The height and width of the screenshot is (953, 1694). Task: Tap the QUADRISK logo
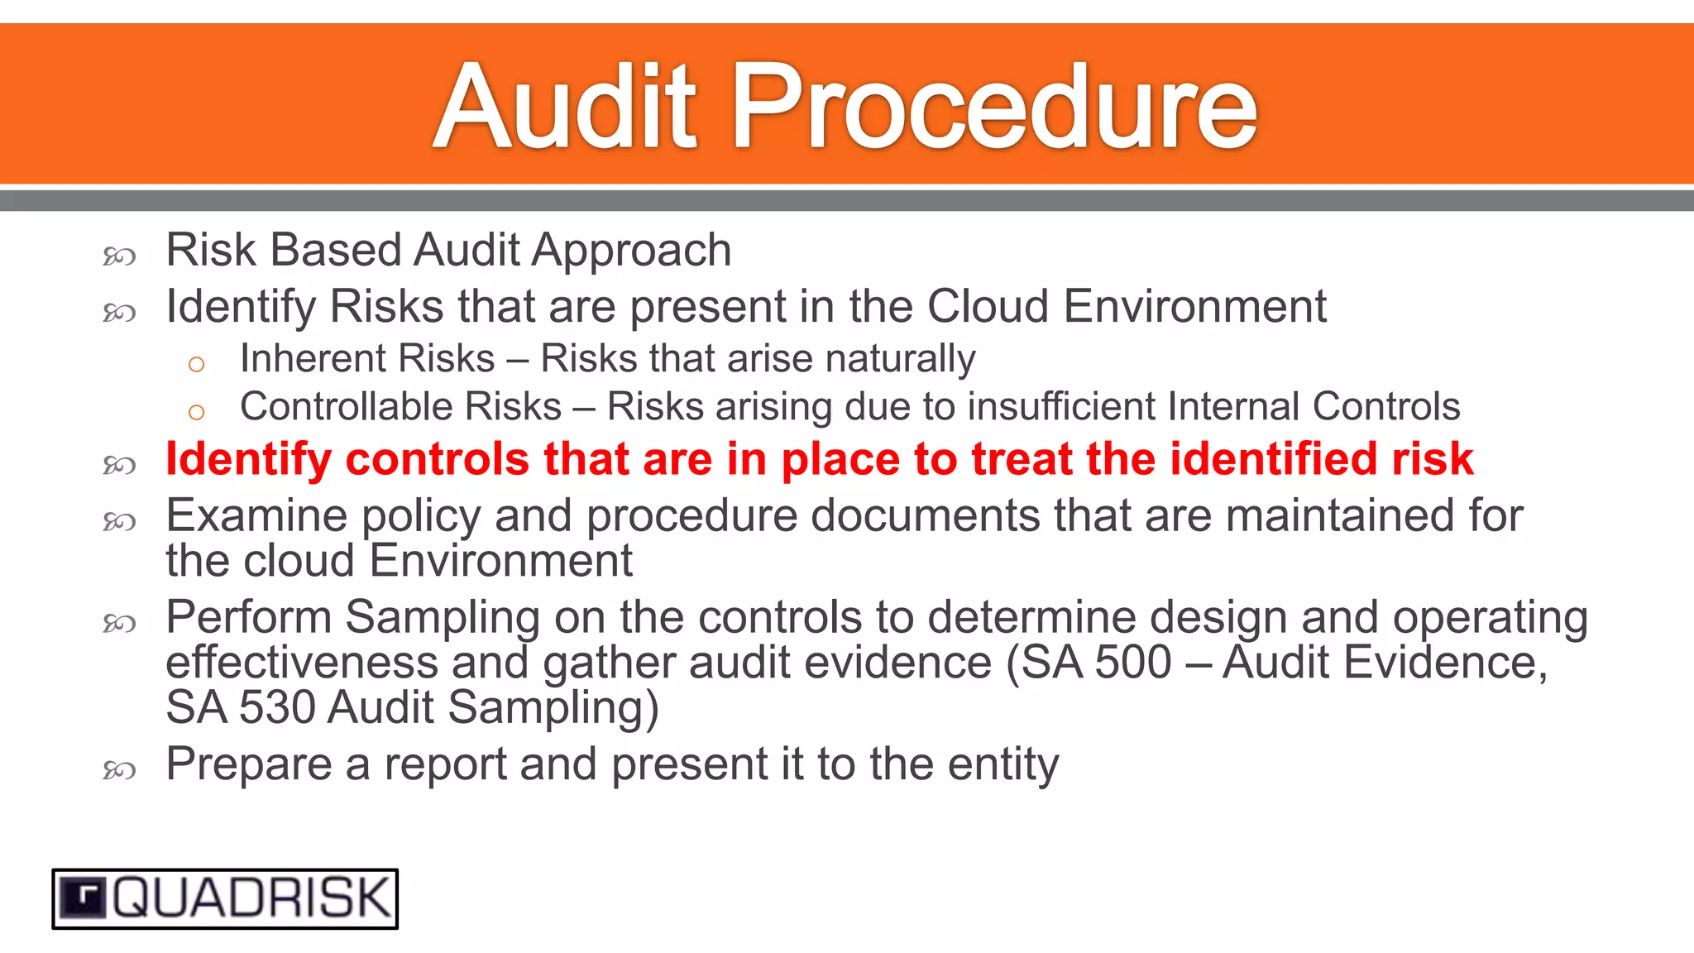point(225,898)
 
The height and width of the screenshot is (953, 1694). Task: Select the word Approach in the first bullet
point(631,251)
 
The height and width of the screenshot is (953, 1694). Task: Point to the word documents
point(925,515)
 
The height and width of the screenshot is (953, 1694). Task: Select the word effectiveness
point(301,662)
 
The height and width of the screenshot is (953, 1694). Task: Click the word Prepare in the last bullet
point(249,764)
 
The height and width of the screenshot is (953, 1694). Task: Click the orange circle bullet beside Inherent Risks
point(196,364)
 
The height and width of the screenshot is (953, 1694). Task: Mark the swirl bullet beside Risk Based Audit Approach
point(119,256)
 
